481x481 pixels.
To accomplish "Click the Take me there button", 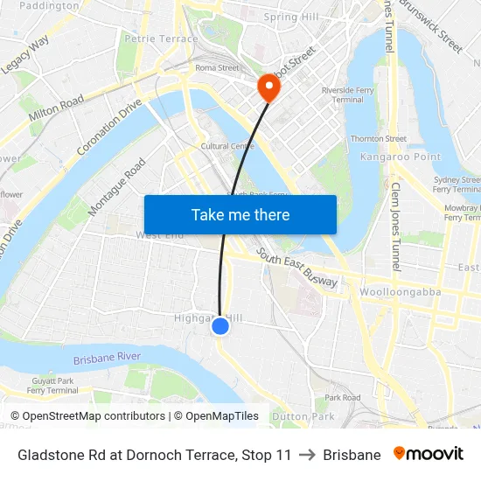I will [x=240, y=214].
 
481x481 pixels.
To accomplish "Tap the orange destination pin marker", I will [x=267, y=86].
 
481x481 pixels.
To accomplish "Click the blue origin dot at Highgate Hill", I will [x=220, y=326].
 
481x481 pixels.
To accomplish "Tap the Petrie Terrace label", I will [x=162, y=38].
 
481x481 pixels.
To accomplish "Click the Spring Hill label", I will [x=291, y=17].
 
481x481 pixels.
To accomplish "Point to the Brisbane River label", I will [x=108, y=358].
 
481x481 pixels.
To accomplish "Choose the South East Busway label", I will [x=296, y=267].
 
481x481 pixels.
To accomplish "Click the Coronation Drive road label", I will [x=109, y=127].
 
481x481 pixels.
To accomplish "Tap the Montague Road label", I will [x=116, y=187].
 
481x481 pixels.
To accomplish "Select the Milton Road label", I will [x=56, y=108].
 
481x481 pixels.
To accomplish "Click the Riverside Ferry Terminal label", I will [x=342, y=94].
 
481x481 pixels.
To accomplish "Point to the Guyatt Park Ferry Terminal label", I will [x=52, y=386].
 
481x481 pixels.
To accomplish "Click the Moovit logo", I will [x=428, y=454].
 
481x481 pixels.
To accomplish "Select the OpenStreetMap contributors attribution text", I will [x=91, y=416].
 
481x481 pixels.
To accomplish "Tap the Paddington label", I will [x=48, y=5].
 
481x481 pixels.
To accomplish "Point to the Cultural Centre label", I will [x=227, y=146].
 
